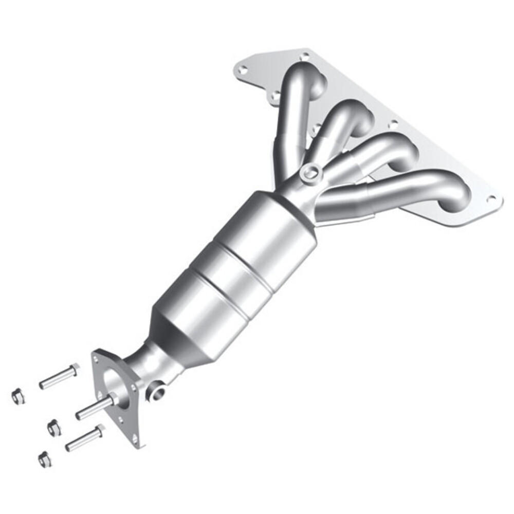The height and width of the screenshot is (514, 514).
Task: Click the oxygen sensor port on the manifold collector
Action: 309,173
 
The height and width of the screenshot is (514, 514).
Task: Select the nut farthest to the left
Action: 18,396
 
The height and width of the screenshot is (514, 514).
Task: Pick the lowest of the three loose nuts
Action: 45,459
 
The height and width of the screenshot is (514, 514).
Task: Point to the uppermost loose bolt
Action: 59,377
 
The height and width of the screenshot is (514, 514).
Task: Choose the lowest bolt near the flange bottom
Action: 84,439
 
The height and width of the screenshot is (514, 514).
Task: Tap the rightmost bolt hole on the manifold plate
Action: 492,199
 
